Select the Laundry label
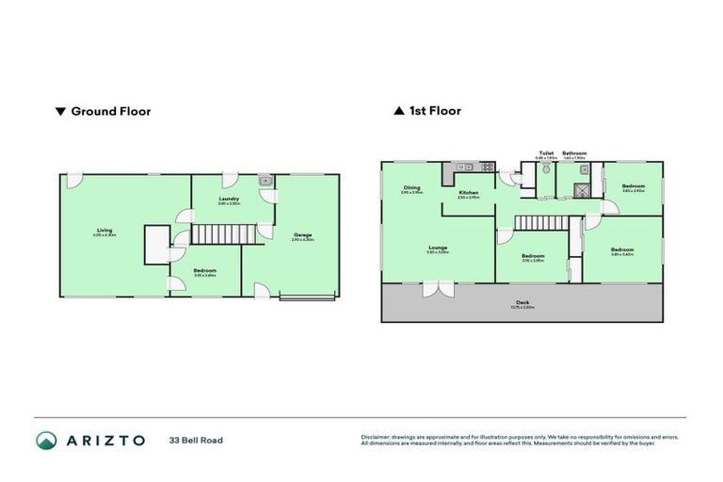(x=229, y=200)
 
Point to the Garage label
(x=302, y=236)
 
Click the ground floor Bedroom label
(x=205, y=271)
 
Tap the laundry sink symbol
(x=265, y=179)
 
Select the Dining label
(x=411, y=188)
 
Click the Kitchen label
(x=468, y=193)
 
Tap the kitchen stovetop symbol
(x=486, y=168)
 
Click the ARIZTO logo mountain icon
(x=46, y=440)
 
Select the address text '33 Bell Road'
(x=196, y=440)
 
